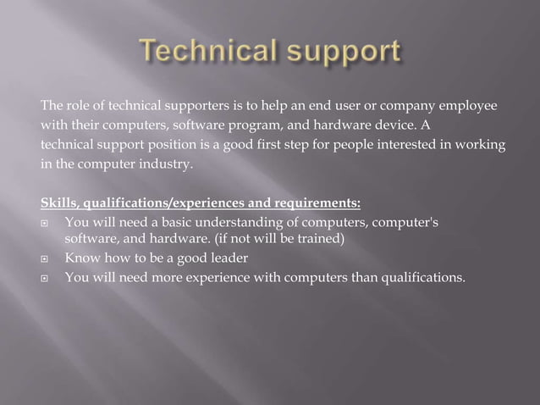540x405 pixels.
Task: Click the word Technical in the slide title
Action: (x=208, y=53)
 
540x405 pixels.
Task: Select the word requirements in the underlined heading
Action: (x=315, y=202)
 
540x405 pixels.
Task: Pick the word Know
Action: (x=81, y=258)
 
